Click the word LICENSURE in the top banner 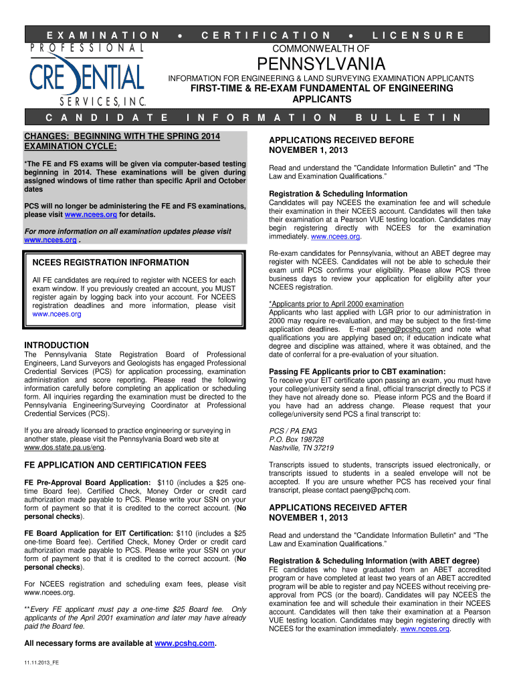418,35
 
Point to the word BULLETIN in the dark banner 408,118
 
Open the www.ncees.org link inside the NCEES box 57,314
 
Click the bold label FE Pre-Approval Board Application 87,482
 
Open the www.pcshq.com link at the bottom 185,643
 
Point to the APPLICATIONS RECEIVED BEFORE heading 341,140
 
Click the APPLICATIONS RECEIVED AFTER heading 337,507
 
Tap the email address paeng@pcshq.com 405,329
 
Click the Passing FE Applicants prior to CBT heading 356,371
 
